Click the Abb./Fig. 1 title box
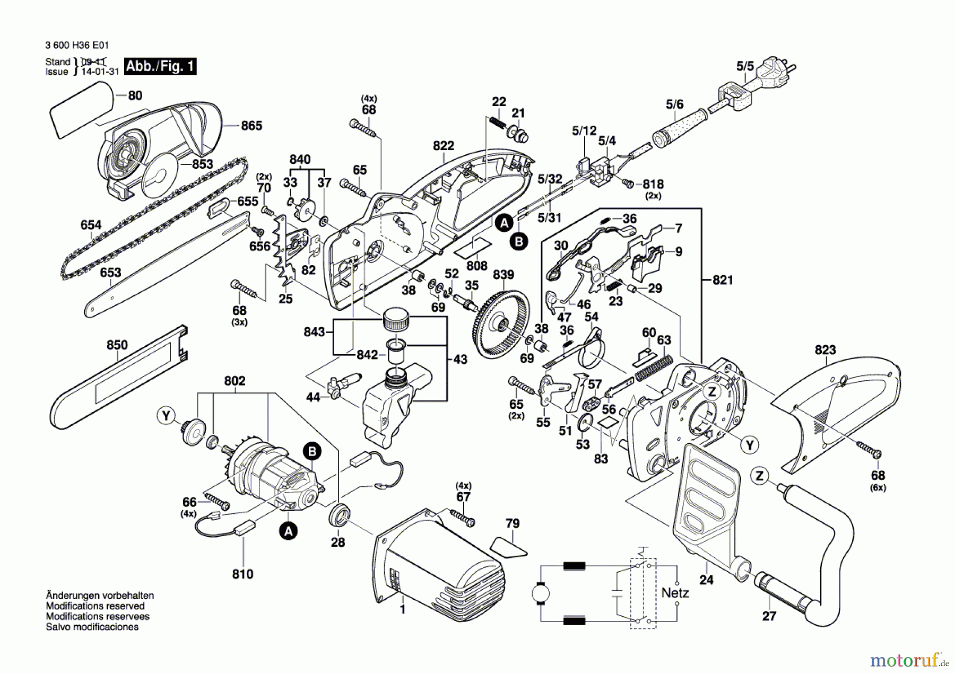[x=160, y=66]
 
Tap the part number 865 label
[x=251, y=126]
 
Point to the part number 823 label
[x=825, y=350]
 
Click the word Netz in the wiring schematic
[x=675, y=593]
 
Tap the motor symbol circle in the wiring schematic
[x=541, y=593]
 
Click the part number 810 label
[x=242, y=574]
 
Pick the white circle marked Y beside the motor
[x=167, y=415]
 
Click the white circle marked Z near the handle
[x=760, y=476]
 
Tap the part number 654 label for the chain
[x=91, y=225]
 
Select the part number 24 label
[x=706, y=580]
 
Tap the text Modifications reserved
[x=95, y=606]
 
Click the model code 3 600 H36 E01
[x=77, y=46]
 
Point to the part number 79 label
[x=513, y=523]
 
